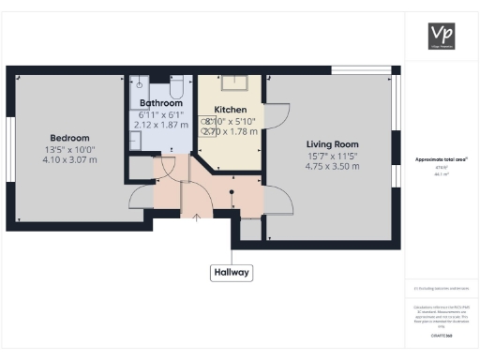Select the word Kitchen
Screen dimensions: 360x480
(230, 110)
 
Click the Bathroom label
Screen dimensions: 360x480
(160, 102)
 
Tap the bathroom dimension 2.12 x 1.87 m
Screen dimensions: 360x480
(161, 123)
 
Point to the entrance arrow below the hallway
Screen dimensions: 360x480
(196, 218)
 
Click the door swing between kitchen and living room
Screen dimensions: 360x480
(279, 114)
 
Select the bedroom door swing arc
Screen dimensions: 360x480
(139, 194)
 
